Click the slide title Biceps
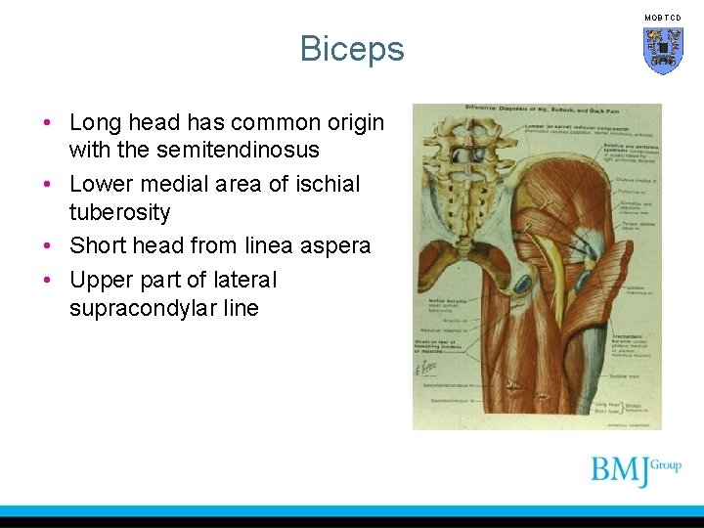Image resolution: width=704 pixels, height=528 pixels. (352, 48)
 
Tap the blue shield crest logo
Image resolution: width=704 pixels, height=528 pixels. (663, 51)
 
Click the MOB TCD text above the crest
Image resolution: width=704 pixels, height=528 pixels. (663, 18)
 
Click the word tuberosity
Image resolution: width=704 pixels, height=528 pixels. (119, 212)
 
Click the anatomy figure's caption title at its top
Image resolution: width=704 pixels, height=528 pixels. (537, 109)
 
